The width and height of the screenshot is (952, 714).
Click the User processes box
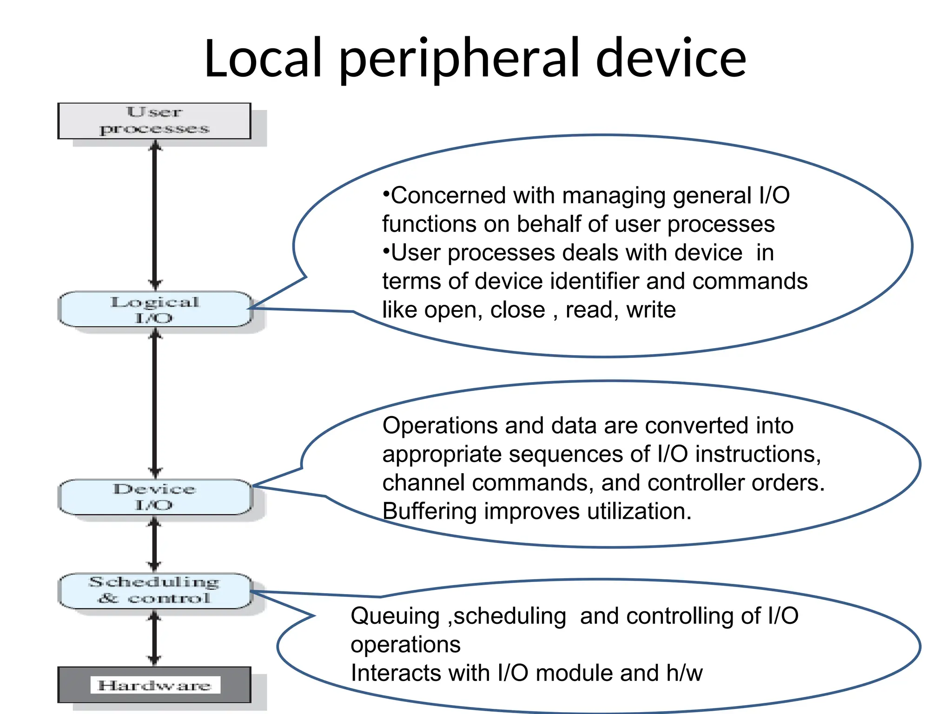click(x=154, y=121)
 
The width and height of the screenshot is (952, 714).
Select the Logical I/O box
click(x=154, y=310)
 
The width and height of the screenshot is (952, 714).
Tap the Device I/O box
click(x=154, y=497)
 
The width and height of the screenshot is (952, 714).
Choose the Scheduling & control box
click(x=154, y=591)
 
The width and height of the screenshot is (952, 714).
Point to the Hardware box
click(x=154, y=685)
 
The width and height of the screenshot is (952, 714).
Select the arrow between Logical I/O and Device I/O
click(x=155, y=403)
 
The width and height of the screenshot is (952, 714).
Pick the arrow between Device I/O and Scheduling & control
click(x=155, y=544)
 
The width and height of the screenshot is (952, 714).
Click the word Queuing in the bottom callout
click(x=395, y=617)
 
